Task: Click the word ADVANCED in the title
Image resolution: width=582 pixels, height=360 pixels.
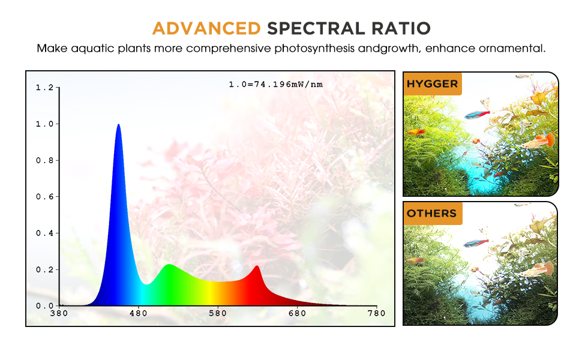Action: click(x=206, y=29)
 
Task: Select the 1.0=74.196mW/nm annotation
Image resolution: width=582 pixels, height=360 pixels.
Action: click(x=276, y=85)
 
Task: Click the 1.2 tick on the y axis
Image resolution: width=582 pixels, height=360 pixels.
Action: click(x=45, y=88)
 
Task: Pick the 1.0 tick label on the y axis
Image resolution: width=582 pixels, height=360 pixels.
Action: click(x=45, y=124)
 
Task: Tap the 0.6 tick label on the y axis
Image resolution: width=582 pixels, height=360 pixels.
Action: click(x=45, y=197)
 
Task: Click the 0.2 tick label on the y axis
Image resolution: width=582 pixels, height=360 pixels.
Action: click(x=45, y=270)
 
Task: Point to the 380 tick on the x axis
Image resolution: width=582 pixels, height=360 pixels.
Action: click(x=59, y=314)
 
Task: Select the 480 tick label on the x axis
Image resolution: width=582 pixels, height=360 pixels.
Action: click(x=139, y=314)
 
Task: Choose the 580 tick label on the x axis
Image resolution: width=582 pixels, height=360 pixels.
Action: click(x=218, y=314)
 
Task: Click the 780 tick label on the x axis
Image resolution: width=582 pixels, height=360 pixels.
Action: click(x=377, y=314)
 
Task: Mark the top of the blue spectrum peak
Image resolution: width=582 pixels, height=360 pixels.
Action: click(x=118, y=125)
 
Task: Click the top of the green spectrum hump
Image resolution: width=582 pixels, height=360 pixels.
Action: click(x=169, y=265)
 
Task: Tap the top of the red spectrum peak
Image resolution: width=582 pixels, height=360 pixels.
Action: click(x=257, y=266)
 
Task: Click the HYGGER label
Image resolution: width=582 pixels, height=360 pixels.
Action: click(x=433, y=84)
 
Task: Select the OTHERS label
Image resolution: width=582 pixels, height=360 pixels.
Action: click(x=431, y=214)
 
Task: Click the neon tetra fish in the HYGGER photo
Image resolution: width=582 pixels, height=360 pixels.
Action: click(x=478, y=115)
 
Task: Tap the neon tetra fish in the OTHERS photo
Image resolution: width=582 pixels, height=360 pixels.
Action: click(x=476, y=243)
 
